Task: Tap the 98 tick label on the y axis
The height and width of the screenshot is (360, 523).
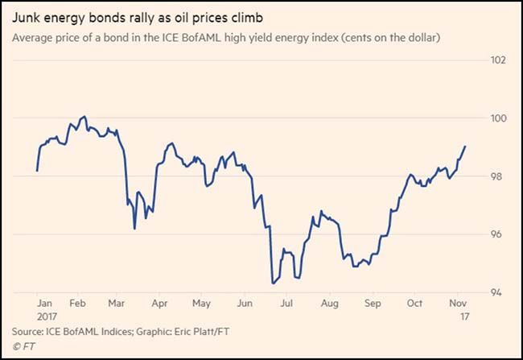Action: [x=499, y=176]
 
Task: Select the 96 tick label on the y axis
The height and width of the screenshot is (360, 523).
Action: [x=499, y=234]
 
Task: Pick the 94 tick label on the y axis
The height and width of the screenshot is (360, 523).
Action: [x=499, y=292]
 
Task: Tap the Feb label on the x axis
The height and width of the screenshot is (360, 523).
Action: [x=79, y=304]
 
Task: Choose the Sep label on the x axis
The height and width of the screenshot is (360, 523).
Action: [x=373, y=304]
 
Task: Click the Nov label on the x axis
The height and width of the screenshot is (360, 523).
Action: [x=457, y=304]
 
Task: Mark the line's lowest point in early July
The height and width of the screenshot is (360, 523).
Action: [x=273, y=283]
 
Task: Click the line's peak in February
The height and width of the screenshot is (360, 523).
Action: [x=85, y=117]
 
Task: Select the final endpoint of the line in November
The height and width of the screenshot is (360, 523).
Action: [x=466, y=147]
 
